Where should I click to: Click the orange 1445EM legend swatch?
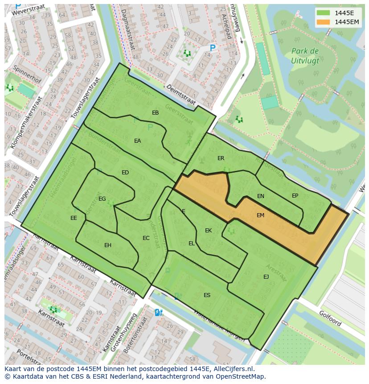[324, 22]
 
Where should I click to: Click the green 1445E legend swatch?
[324, 13]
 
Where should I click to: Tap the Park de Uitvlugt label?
[305, 55]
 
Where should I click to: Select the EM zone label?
[260, 215]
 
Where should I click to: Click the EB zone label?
[155, 113]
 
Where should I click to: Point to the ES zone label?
[207, 295]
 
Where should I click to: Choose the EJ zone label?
[266, 277]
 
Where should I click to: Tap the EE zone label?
[74, 218]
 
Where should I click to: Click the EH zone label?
[108, 245]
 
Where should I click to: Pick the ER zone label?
[221, 158]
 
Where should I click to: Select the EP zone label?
[295, 196]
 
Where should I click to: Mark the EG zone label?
[102, 199]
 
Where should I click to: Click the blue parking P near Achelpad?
[213, 48]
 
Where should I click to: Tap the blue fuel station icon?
[158, 313]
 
